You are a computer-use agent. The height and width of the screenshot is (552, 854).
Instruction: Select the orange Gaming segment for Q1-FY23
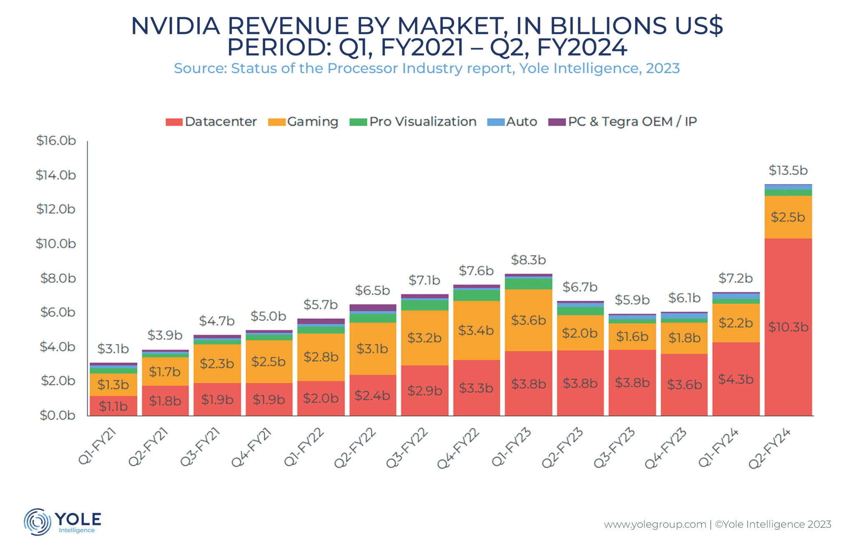click(x=528, y=320)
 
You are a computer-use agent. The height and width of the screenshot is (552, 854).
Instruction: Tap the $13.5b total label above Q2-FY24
click(x=788, y=170)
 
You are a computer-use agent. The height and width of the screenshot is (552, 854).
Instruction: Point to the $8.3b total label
click(x=528, y=260)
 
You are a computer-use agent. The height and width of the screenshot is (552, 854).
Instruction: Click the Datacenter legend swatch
click(x=174, y=122)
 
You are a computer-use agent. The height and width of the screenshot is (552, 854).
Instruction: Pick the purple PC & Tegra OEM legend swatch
click(x=557, y=122)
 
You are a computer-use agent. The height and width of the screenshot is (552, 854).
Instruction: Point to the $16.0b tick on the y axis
click(x=56, y=141)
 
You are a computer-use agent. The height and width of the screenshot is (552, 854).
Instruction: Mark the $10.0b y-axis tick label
click(x=56, y=244)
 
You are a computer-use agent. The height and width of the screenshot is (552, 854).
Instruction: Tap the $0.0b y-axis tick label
click(x=58, y=415)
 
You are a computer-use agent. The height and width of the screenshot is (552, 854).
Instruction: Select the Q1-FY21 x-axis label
click(x=98, y=446)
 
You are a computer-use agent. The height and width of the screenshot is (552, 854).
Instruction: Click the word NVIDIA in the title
click(x=175, y=26)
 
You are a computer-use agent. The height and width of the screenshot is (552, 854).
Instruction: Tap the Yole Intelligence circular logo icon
click(x=38, y=522)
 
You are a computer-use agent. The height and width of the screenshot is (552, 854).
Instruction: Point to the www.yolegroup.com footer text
click(x=655, y=524)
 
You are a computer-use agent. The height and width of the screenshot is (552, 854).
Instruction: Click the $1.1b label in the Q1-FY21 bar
click(x=113, y=406)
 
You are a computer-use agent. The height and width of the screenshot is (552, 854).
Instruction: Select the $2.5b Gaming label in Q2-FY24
click(x=788, y=217)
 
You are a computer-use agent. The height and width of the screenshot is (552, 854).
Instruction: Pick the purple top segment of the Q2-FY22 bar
click(x=373, y=308)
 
